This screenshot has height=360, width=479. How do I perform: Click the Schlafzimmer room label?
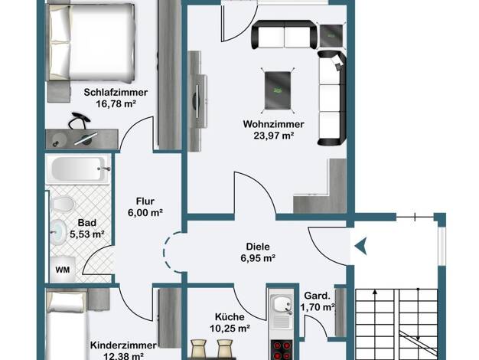pos(116,93)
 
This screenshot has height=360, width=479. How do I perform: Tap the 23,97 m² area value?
pos(274,136)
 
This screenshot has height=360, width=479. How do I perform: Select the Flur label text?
pos(145,201)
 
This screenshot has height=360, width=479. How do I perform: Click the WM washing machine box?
pos(63,270)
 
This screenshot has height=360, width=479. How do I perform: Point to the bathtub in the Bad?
pos(78,169)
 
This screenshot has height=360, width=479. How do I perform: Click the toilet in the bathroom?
pos(63,204)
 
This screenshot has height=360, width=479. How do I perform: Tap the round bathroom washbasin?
pos(58,232)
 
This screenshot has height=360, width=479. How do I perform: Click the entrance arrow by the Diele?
pos(360,246)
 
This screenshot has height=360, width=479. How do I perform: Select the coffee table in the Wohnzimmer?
pos(278,90)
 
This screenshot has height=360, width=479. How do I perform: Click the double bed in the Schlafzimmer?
pos(91,43)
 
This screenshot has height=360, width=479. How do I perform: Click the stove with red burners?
pos(282,350)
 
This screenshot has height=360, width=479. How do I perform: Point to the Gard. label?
pos(318,296)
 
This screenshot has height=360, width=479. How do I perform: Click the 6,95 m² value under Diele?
pos(258,258)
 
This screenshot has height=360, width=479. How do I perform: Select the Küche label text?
pos(230,317)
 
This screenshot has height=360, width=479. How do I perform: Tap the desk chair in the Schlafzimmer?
pos(79,121)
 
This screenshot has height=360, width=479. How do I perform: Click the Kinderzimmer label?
pos(123,345)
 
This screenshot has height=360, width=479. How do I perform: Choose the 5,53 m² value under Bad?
pos(87,234)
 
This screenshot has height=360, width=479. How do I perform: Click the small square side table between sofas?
pos(331,35)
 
